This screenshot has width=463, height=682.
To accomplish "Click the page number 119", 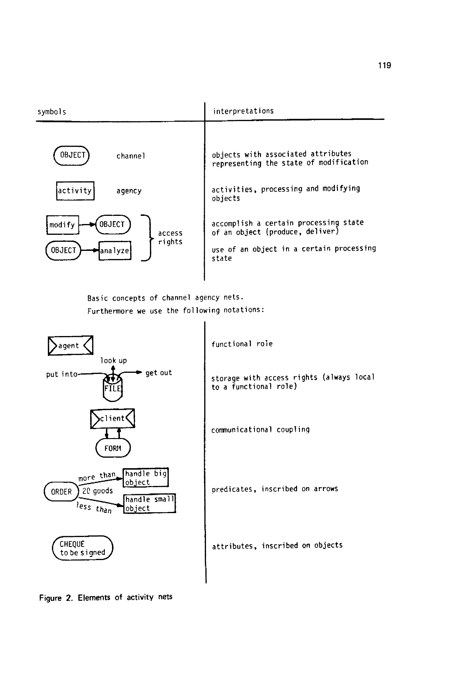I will (384, 65).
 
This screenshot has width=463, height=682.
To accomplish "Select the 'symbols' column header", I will (52, 112).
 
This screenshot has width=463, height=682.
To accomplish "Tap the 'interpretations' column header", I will (243, 111).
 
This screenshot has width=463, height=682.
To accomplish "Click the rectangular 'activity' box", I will (75, 191).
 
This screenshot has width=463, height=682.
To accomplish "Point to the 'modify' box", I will (62, 225).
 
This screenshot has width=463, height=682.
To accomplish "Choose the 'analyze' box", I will (115, 251).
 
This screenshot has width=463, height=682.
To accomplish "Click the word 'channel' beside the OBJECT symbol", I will (131, 156).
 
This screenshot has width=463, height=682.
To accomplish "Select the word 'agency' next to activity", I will (129, 191).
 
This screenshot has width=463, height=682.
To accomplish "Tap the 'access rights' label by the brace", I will (170, 237).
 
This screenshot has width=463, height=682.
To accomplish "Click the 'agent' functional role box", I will (71, 345).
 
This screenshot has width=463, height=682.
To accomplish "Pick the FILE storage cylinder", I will (113, 388).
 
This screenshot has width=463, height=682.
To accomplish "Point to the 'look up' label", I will (113, 360).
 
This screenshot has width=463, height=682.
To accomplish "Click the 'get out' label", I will (158, 373).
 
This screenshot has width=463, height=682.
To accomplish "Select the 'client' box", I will (112, 418).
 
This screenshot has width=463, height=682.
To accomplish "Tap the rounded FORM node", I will (113, 448).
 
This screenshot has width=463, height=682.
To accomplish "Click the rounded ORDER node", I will (61, 492).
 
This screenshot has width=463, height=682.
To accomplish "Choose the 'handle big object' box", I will (145, 478).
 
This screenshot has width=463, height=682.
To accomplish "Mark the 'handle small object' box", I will (149, 503).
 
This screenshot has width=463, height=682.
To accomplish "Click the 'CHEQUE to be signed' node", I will (83, 548).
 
